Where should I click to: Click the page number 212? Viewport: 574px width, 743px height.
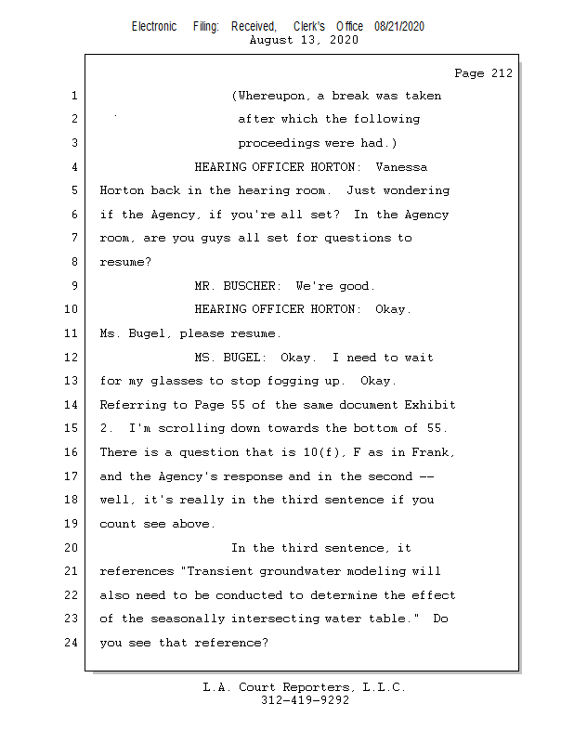[499, 72]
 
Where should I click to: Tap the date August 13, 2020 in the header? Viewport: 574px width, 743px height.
[304, 40]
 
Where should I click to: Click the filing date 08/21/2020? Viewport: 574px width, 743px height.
[399, 26]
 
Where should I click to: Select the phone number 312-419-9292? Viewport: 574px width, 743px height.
[305, 700]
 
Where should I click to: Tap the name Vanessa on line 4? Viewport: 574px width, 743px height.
[402, 167]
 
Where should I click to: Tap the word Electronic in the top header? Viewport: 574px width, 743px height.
[154, 26]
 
